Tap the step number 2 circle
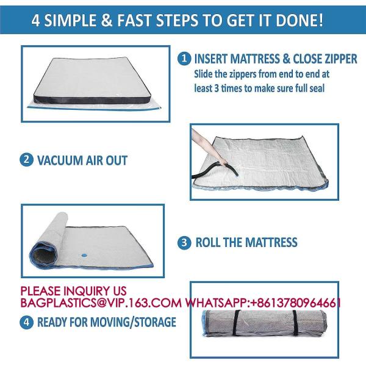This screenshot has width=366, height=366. [27, 160]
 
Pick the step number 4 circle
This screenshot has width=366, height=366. [27, 322]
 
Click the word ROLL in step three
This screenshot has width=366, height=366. [210, 242]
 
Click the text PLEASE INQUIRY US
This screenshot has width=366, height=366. [74, 291]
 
